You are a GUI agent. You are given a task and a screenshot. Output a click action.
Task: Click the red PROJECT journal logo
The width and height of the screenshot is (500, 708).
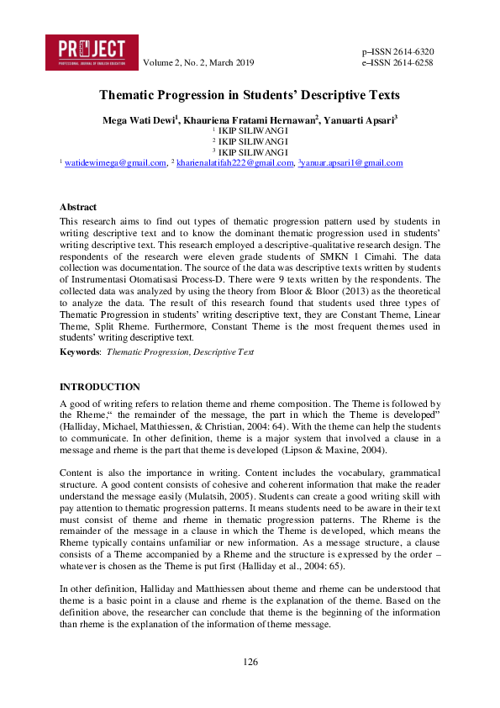90,51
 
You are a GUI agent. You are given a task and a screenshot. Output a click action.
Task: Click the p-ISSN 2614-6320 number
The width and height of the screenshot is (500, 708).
397,51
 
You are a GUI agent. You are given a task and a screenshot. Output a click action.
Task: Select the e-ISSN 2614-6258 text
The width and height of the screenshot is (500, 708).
397,63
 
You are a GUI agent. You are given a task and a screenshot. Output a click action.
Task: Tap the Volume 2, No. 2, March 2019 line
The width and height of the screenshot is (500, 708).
198,63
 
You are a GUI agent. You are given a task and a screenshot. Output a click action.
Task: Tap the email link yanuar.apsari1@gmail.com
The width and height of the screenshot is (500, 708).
351,162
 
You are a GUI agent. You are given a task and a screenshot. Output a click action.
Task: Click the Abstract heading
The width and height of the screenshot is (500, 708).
77,207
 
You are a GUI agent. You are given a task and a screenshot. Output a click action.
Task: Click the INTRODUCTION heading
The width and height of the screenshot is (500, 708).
99,387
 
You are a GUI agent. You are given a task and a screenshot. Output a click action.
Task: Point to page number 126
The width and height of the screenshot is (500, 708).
250,662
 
